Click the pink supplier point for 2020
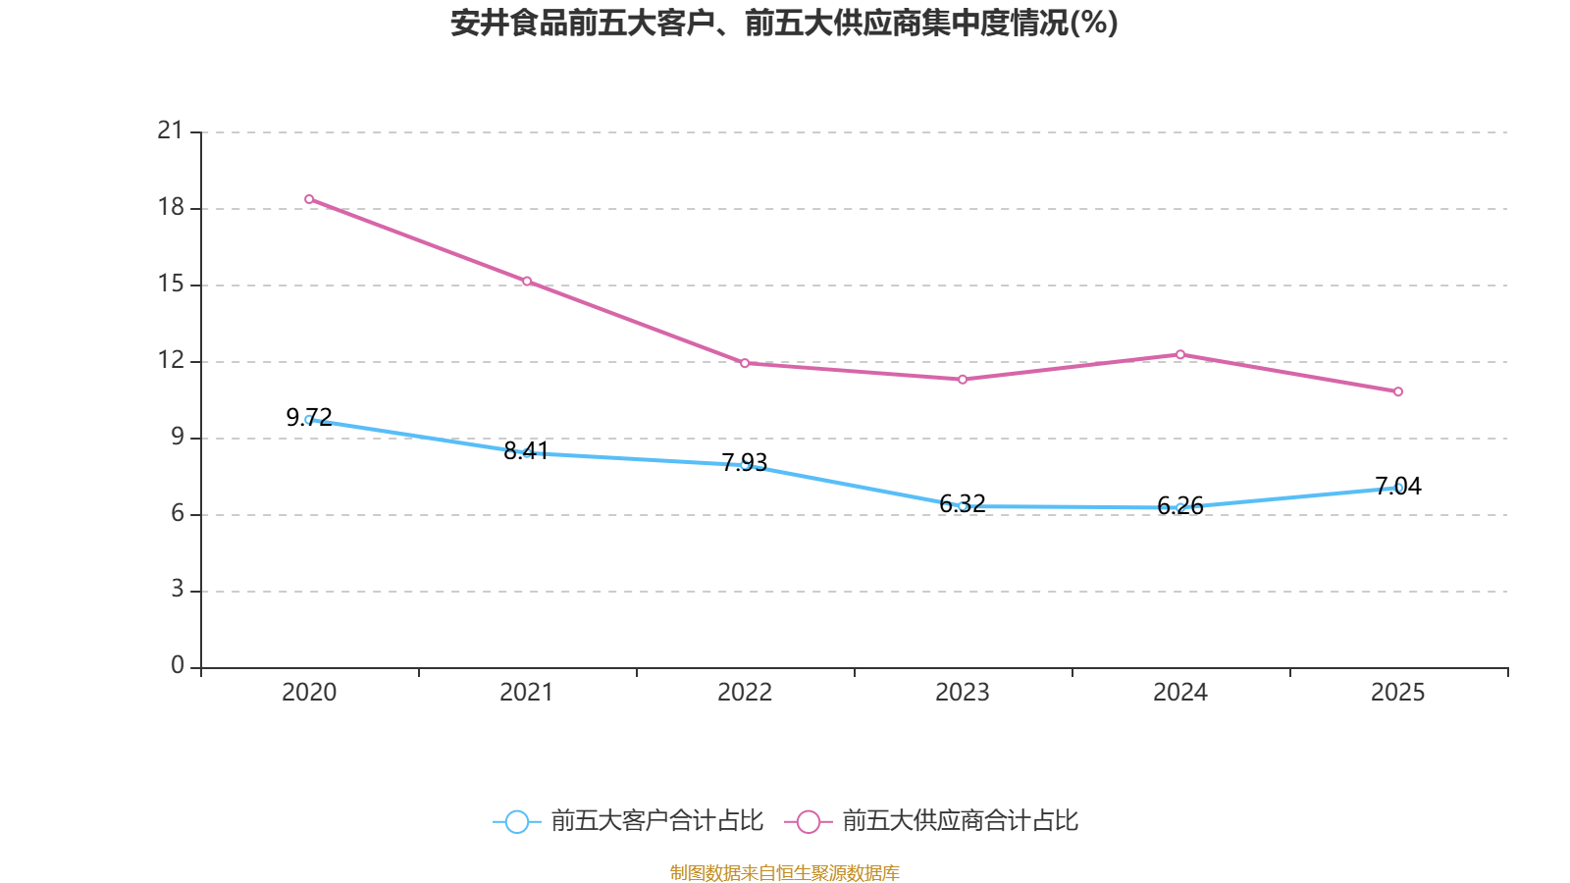click(309, 199)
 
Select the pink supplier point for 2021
click(527, 282)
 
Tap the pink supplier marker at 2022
click(745, 363)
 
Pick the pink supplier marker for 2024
click(1180, 354)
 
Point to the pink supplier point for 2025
click(1398, 391)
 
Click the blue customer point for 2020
click(309, 420)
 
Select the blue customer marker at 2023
click(963, 506)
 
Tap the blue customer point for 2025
click(1398, 488)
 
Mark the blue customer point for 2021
click(527, 453)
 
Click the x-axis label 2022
click(745, 693)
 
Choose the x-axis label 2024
click(1180, 693)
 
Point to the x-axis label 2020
click(309, 693)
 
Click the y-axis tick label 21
click(171, 130)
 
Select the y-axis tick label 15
click(171, 285)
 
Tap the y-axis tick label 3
click(177, 590)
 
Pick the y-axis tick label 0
click(177, 666)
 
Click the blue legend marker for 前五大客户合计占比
click(516, 821)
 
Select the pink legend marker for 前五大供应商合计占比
click(808, 821)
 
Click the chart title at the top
click(784, 23)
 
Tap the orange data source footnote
click(784, 872)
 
